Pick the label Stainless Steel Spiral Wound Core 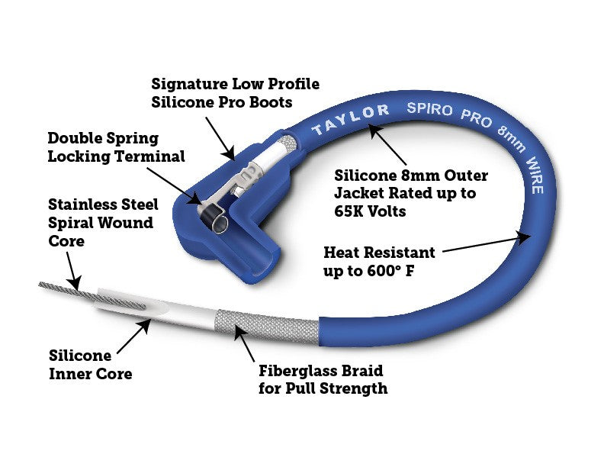pos(103,223)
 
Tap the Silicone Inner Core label pos(90,365)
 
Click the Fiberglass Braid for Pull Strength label pos(321,379)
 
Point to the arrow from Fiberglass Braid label pos(244,343)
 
